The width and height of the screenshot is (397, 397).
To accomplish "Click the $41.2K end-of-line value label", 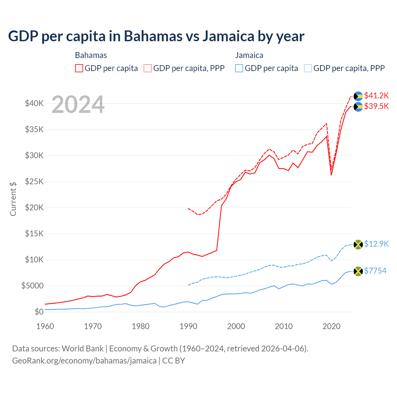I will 376,96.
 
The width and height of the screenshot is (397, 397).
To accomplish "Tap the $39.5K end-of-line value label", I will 376,106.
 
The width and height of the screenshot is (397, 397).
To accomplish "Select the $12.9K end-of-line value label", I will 376,244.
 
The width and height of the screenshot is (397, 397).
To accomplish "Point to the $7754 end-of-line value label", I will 375,271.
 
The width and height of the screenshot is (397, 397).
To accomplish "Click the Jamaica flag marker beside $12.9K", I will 358,244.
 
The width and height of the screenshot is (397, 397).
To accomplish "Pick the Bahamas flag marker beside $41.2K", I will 358,96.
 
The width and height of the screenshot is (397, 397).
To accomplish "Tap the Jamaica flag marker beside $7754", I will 358,271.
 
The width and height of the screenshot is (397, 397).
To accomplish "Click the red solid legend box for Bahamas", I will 79,68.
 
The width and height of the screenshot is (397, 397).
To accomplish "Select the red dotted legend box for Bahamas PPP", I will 148,68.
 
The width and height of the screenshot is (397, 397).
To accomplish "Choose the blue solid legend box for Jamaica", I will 239,68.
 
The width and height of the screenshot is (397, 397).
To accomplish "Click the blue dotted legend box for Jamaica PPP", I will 308,68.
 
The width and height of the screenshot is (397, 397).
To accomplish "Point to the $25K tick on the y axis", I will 34,181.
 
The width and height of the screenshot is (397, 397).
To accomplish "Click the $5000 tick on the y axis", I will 33,286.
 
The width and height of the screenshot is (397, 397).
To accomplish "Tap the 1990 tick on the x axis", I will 188,326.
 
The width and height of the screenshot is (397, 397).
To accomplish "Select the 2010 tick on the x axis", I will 284,326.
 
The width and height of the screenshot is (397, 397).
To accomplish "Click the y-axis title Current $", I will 13,199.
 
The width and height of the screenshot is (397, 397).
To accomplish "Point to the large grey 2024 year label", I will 78,105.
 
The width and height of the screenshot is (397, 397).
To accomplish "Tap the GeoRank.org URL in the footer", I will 84,361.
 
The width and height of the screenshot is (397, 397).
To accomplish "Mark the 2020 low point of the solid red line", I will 331,175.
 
